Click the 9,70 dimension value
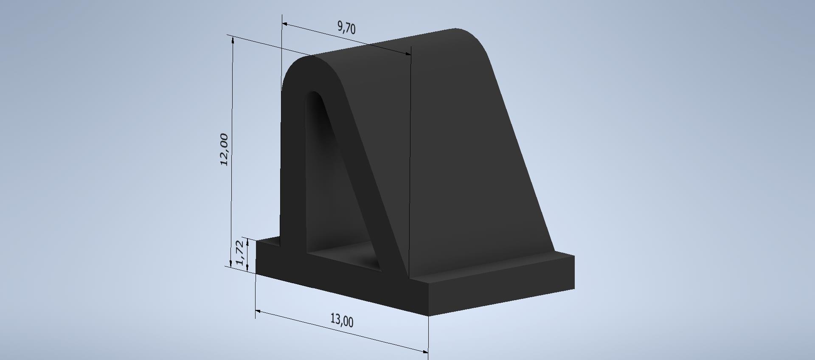click(346, 28)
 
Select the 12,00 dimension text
click(224, 149)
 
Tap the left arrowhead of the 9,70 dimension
click(286, 25)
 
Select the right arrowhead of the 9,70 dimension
click(407, 53)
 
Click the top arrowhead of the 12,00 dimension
click(233, 40)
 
